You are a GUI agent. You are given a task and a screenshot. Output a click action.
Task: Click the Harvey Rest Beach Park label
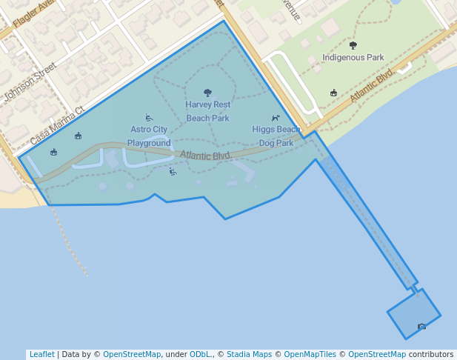207,111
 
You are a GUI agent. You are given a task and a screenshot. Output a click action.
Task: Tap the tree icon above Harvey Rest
207,93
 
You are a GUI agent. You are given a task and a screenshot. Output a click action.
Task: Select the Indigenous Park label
353,57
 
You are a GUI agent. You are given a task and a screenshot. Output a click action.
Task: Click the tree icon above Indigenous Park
353,45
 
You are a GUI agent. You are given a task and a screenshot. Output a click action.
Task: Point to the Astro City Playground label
149,136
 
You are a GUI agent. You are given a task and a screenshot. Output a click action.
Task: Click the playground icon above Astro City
149,118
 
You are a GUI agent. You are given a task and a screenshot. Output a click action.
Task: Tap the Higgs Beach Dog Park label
276,136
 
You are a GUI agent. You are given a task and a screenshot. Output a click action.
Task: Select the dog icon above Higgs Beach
276,118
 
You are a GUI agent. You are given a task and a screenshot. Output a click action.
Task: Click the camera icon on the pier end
421,327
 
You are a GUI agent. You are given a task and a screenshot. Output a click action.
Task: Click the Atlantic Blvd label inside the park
204,156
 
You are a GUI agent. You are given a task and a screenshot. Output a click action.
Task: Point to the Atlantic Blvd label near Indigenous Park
372,87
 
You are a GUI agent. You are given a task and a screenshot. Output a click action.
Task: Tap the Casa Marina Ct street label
57,124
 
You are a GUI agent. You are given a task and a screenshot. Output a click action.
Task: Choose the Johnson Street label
30,82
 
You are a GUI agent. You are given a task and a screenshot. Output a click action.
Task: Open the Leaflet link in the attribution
41,354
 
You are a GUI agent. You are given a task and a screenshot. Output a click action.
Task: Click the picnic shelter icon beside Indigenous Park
334,93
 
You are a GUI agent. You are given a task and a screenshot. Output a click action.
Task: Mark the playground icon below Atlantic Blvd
173,172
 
